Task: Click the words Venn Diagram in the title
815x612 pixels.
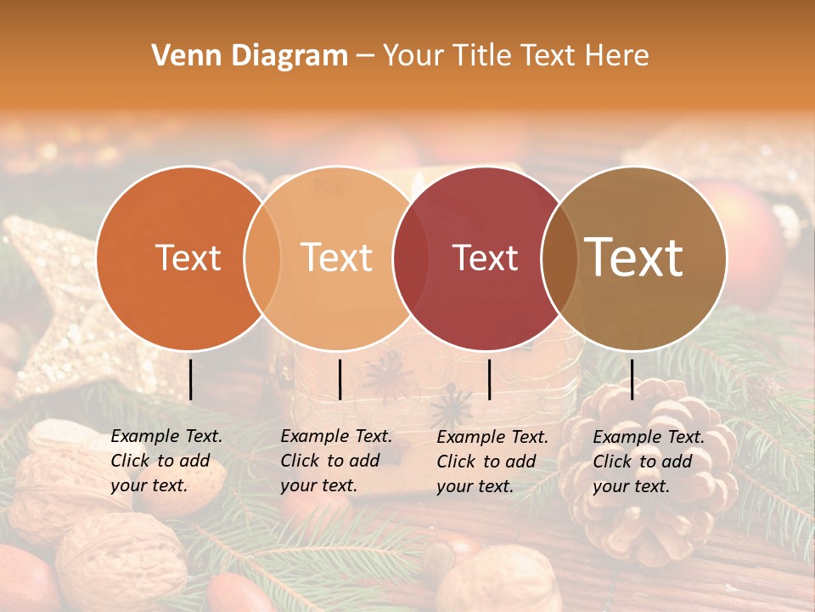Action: (250, 56)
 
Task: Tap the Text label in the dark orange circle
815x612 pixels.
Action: (188, 258)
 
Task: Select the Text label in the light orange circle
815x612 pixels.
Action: (337, 258)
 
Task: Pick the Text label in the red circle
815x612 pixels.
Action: (486, 258)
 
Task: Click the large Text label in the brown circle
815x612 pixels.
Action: (634, 257)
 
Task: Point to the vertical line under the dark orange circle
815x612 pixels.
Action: (191, 379)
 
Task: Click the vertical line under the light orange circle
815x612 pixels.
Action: (340, 379)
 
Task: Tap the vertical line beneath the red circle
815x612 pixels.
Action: (490, 379)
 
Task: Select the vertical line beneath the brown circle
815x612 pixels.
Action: (632, 379)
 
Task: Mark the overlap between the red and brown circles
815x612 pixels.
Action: (559, 258)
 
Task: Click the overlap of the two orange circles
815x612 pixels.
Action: (262, 258)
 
